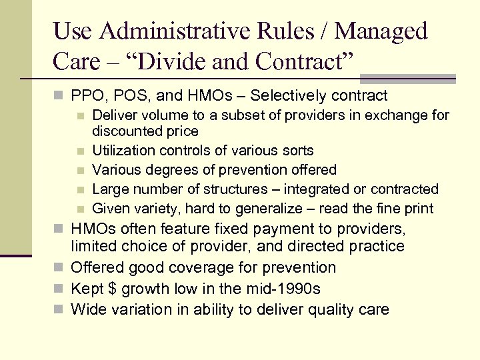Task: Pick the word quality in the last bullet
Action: tap(332, 309)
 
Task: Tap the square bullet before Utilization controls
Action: tap(80, 151)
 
